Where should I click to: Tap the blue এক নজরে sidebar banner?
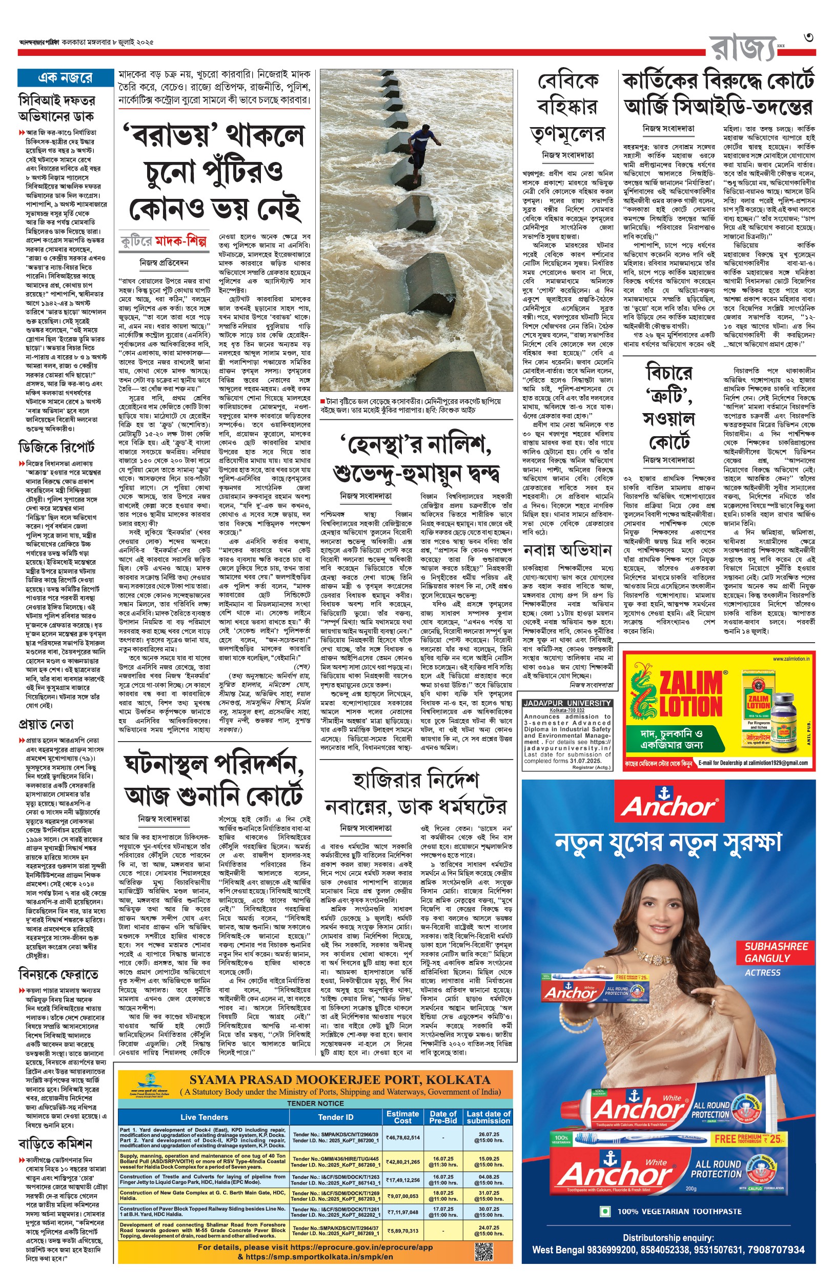pos(65,78)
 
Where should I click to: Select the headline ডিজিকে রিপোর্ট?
pos(56,446)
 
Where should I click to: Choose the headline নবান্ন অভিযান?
pos(567,550)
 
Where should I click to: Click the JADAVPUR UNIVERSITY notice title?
pos(567,703)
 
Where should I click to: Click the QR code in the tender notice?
pos(484,1251)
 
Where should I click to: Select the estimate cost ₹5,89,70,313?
pos(402,1231)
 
